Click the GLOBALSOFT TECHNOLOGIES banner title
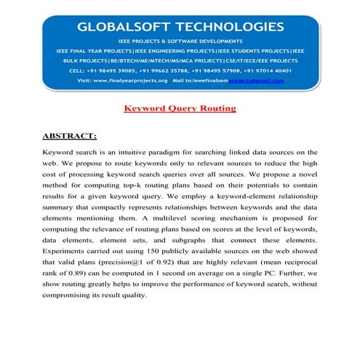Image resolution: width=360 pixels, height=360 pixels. pos(181,28)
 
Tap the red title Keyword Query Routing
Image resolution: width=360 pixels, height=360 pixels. pos(180,108)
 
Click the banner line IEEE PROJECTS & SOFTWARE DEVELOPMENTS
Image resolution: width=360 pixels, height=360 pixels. pos(181,42)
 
